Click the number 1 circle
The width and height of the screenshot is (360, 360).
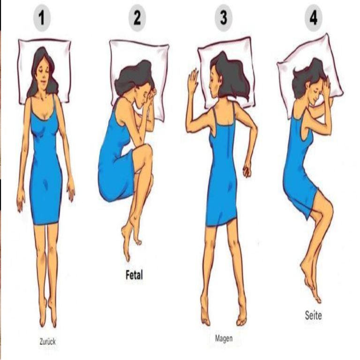tap(42, 18)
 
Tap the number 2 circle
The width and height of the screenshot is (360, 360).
tap(137, 18)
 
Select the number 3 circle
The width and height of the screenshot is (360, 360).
tap(224, 18)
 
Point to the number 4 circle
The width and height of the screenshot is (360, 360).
tap(314, 18)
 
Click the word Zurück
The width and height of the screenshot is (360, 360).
tap(47, 342)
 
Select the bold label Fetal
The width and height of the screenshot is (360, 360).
tap(135, 275)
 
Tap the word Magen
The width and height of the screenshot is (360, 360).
tap(224, 338)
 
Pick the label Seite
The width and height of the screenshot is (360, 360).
tap(313, 315)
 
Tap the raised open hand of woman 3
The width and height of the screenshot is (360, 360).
tap(193, 80)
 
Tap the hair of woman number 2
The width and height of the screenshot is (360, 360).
tap(133, 77)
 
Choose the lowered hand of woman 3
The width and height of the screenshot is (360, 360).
tap(247, 169)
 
